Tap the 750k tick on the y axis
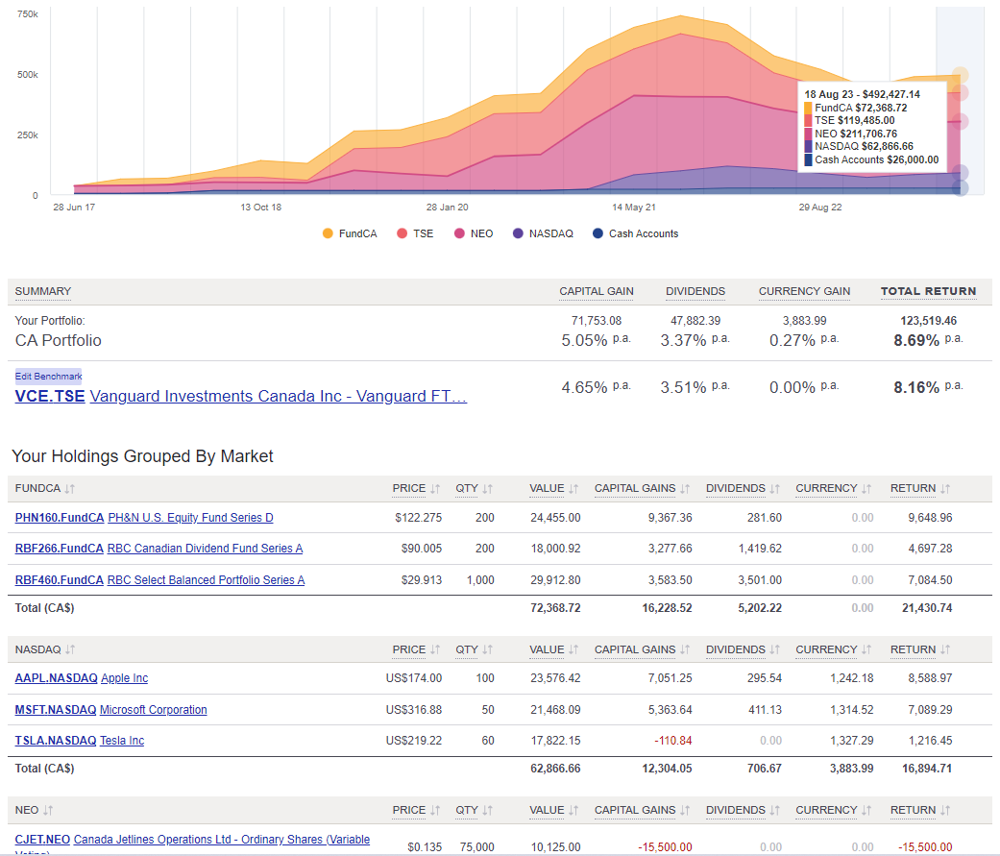coord(28,15)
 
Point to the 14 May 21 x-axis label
coord(634,207)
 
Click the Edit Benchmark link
coord(48,377)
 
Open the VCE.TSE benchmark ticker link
coord(50,396)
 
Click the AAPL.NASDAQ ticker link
coord(56,678)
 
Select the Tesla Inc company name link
coord(122,741)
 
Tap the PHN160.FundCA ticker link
coord(59,518)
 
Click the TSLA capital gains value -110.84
coord(671,741)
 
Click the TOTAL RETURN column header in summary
coord(928,291)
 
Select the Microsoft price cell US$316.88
coord(413,710)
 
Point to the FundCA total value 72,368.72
coord(554,607)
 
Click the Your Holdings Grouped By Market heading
coord(142,456)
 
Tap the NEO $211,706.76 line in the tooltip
coord(856,134)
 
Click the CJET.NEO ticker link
coord(42,840)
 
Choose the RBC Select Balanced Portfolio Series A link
coord(206,580)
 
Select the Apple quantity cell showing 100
coord(484,678)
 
